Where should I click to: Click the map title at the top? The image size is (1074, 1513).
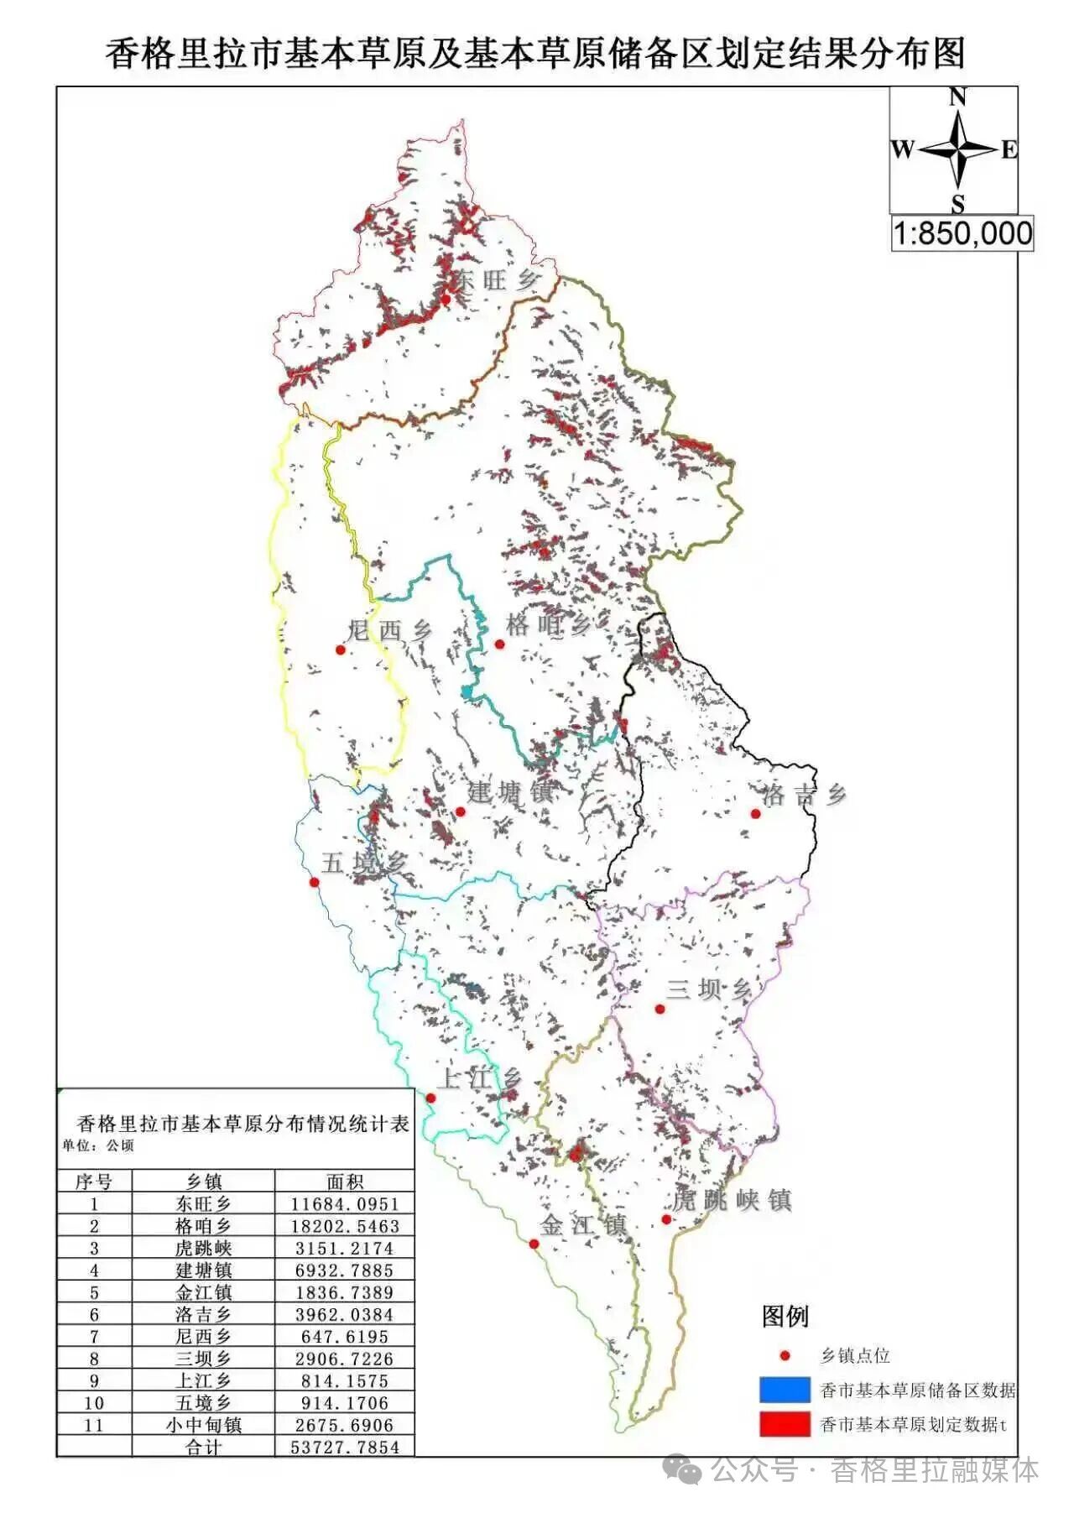click(535, 52)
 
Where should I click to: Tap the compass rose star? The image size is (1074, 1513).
click(957, 150)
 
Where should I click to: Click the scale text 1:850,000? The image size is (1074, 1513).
click(962, 233)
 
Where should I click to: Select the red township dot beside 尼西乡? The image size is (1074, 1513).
click(340, 650)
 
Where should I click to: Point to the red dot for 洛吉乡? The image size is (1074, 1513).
click(755, 813)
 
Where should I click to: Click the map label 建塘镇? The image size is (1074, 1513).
click(510, 791)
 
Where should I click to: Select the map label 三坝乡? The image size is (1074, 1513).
click(708, 990)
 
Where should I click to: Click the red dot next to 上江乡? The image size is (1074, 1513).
click(430, 1098)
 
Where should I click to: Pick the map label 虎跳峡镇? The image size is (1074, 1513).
click(732, 1200)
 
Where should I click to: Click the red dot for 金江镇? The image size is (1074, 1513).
click(534, 1244)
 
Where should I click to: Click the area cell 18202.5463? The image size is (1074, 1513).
click(345, 1226)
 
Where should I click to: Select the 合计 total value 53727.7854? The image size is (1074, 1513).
click(345, 1447)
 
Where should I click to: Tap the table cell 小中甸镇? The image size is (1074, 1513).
click(203, 1425)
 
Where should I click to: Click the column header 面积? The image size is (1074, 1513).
click(345, 1182)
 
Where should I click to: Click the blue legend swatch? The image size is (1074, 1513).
click(784, 1390)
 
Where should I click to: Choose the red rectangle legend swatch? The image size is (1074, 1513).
click(784, 1424)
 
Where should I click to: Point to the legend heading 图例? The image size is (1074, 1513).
click(785, 1316)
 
